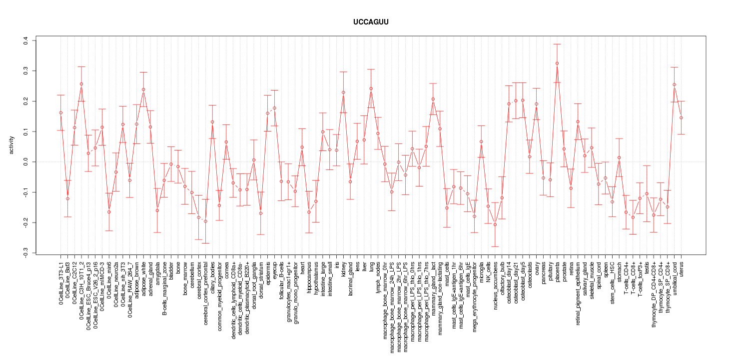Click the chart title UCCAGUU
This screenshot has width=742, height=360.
(x=370, y=22)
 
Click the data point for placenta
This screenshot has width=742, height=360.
(x=557, y=63)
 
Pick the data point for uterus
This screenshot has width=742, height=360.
(x=681, y=118)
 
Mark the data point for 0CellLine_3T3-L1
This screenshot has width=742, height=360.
(x=60, y=113)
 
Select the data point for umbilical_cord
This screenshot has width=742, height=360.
(x=674, y=84)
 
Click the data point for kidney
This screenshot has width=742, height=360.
(x=343, y=92)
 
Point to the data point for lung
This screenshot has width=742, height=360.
(x=371, y=88)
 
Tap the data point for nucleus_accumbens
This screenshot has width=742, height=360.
(x=495, y=224)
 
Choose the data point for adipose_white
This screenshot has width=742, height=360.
(x=143, y=89)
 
